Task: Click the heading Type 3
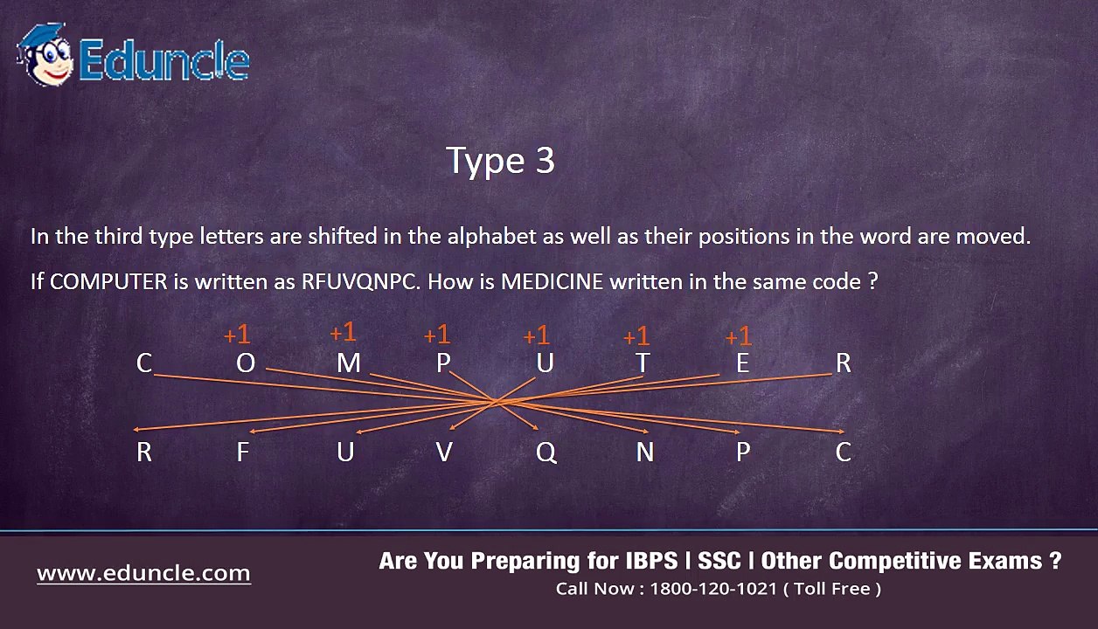pyautogui.click(x=500, y=161)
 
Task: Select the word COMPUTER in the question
pyautogui.click(x=108, y=281)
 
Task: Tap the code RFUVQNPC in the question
pyautogui.click(x=360, y=281)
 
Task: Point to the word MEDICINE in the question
pyautogui.click(x=552, y=281)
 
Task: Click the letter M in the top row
pyautogui.click(x=349, y=363)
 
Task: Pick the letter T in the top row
pyautogui.click(x=643, y=363)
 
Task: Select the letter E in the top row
pyautogui.click(x=742, y=363)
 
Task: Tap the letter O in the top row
pyautogui.click(x=246, y=363)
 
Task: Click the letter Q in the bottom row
pyautogui.click(x=546, y=453)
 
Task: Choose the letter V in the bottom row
pyautogui.click(x=444, y=452)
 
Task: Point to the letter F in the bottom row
pyautogui.click(x=243, y=452)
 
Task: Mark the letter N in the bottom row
pyautogui.click(x=644, y=452)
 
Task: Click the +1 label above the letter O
pyautogui.click(x=237, y=335)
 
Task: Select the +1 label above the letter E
pyautogui.click(x=738, y=337)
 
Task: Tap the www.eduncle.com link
pyautogui.click(x=143, y=573)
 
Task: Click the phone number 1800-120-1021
pyautogui.click(x=713, y=588)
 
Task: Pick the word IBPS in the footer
pyautogui.click(x=651, y=561)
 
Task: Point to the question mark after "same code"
pyautogui.click(x=872, y=281)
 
